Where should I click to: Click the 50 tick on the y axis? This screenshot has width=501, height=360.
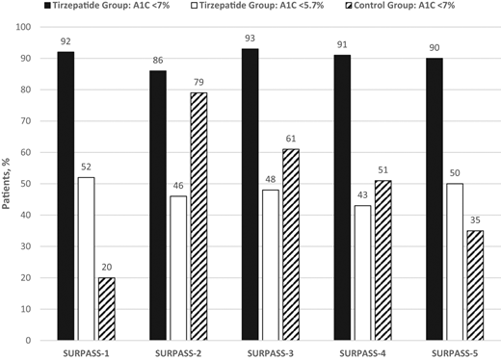(36, 184)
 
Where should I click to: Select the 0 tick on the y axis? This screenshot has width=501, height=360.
(39, 340)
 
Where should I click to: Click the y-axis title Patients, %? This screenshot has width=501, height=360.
(12, 183)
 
